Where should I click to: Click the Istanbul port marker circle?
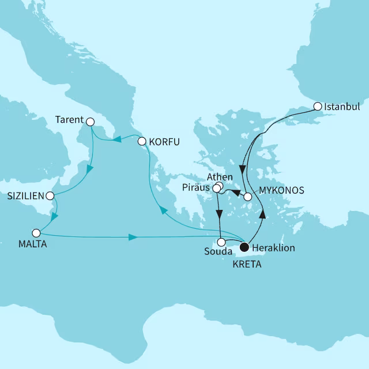point(318,106)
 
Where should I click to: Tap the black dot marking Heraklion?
point(244,247)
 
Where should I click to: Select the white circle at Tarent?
point(89,121)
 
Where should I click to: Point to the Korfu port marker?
point(141,141)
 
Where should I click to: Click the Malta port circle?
point(36,234)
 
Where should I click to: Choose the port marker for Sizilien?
point(51,195)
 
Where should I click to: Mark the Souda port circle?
point(221,242)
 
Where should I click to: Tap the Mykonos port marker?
point(247,197)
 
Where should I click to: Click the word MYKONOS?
point(281,190)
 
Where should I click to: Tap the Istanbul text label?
point(342,107)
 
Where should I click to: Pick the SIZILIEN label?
point(24,196)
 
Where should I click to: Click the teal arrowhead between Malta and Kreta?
point(133,237)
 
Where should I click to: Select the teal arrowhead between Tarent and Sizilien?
point(89,170)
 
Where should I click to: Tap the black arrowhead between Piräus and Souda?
point(220,213)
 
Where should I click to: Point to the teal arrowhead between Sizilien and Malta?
point(54,217)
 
